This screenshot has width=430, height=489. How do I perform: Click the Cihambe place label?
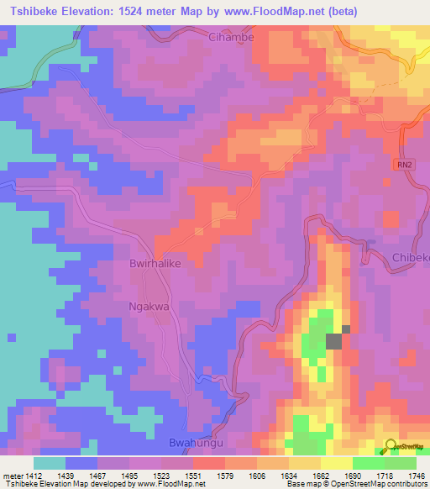point(231,38)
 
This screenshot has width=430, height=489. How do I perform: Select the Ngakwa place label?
point(149,307)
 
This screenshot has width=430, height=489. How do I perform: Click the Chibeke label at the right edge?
point(410,258)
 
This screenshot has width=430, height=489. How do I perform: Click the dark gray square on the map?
point(334,341)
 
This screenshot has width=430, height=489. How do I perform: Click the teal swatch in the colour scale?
point(50,463)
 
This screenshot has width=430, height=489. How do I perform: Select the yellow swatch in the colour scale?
point(337,463)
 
